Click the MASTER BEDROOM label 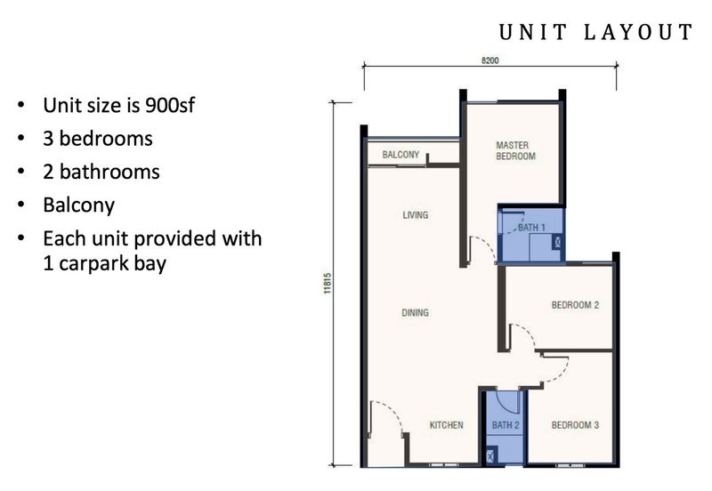pos(515,150)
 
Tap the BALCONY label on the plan pos(400,155)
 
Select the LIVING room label pos(415,214)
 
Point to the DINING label pos(415,313)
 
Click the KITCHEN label pos(447,425)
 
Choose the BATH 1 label pos(531,227)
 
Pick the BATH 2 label pos(506,425)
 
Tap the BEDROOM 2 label pos(575,305)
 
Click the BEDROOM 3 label pos(575,425)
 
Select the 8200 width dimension pos(490,60)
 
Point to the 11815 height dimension pos(328,283)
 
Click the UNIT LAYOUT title pos(595,32)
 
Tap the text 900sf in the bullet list pos(169,105)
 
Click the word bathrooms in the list pos(109,172)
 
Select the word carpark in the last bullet pos(86,264)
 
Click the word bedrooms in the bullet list pos(106,139)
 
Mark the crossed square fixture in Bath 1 pos(557,242)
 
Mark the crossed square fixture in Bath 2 pos(491,455)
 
